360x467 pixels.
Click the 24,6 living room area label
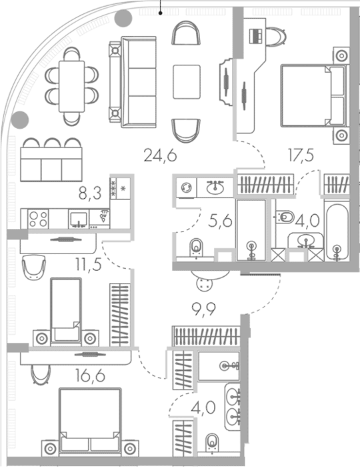coord(160,155)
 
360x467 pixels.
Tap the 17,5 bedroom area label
coord(301,155)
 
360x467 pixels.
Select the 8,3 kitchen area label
coord(90,193)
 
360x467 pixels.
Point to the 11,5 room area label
coord(89,264)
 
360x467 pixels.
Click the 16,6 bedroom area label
coord(90,376)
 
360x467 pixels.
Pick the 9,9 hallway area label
coord(204,310)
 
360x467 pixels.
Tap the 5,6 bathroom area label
coord(220,221)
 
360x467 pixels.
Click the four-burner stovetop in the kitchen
coord(38,219)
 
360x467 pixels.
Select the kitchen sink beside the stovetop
coord(79,219)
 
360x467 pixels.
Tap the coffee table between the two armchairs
coord(187,82)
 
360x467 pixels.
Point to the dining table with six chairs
coord(72,86)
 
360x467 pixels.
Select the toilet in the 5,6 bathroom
coord(196,248)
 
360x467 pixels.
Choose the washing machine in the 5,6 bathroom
coord(186,187)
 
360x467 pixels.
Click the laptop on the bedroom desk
coord(255,36)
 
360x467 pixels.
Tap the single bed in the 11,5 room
coord(66,311)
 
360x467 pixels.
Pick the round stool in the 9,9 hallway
coord(205,283)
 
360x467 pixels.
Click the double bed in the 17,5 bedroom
coord(313,96)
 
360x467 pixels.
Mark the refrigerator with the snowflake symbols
coord(120,189)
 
